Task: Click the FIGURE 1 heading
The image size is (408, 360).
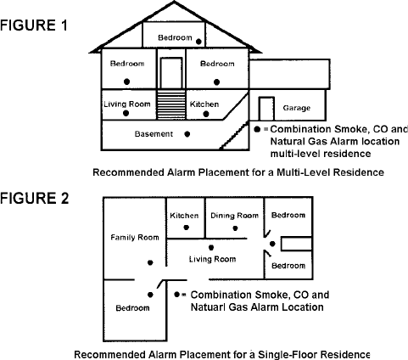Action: coord(34,25)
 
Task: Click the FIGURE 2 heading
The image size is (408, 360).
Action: coord(35,198)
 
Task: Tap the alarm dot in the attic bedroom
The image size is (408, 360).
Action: coord(198,42)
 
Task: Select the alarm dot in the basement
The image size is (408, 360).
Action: coord(187,134)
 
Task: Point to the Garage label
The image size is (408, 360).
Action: coord(297,108)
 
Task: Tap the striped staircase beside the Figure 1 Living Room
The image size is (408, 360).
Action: coord(171,104)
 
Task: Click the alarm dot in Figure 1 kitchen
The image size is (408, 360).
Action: coord(206,114)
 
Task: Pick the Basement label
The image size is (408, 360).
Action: coord(154,134)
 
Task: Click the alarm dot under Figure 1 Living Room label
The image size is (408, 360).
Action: coord(126,113)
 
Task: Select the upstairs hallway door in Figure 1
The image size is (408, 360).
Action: coord(171,73)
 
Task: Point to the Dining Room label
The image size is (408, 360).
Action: coord(235,216)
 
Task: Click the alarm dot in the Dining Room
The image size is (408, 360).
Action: coord(235,228)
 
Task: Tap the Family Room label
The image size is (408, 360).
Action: coord(135,237)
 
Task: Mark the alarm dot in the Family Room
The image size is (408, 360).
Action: coord(150,262)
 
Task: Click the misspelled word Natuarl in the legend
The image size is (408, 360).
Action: coord(208,307)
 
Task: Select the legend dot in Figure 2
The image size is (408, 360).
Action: coord(177,295)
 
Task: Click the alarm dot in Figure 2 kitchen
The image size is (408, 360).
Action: coord(186,228)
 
